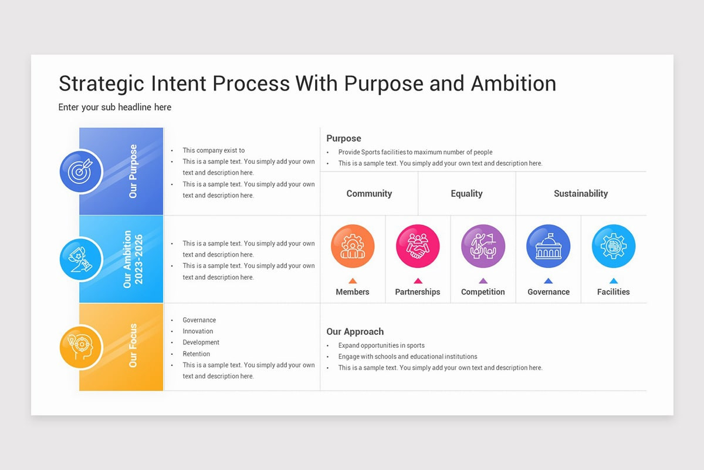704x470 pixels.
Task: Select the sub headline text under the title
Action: pos(115,107)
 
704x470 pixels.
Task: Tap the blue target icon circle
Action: pos(81,172)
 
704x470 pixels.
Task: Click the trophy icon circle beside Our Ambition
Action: pos(81,259)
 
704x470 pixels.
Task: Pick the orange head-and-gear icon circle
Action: pos(81,347)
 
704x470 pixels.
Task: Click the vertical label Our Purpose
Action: pos(133,171)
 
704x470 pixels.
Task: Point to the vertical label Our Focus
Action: pos(133,345)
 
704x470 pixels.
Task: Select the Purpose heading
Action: pos(344,138)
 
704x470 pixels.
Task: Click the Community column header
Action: pos(369,193)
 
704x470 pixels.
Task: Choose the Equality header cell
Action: pos(466,193)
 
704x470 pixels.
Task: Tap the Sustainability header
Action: pos(580,193)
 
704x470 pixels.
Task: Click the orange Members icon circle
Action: pos(353,246)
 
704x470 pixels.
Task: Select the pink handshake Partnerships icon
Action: pos(418,246)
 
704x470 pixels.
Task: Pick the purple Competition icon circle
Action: pos(483,246)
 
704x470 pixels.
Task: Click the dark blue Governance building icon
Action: pos(548,246)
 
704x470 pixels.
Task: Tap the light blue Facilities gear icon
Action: pos(613,246)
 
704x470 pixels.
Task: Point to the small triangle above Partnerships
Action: pos(418,281)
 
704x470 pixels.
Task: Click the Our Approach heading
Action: pos(355,331)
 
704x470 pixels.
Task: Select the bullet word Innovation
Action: pos(198,331)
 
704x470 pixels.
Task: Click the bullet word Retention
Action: pos(196,354)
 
